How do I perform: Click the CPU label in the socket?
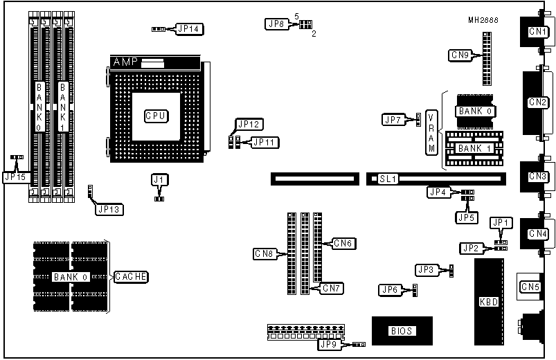pyautogui.click(x=155, y=116)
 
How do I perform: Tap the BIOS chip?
pyautogui.click(x=402, y=331)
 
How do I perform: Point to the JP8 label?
pyautogui.click(x=275, y=24)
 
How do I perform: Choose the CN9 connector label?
pyautogui.click(x=461, y=55)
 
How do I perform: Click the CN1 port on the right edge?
pyautogui.click(x=537, y=31)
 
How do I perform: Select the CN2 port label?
pyautogui.click(x=538, y=102)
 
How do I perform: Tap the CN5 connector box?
pyautogui.click(x=529, y=286)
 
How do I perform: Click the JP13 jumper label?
pyautogui.click(x=109, y=208)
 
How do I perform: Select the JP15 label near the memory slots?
pyautogui.click(x=15, y=177)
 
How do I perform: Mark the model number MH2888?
pyautogui.click(x=482, y=20)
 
